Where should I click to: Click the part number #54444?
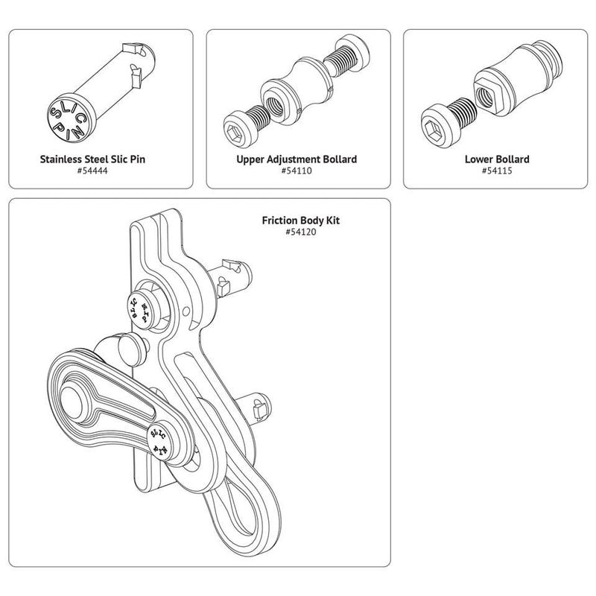coord(100,171)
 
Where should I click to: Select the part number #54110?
coord(297,171)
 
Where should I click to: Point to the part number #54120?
coord(297,233)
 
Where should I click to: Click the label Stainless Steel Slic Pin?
coord(100,159)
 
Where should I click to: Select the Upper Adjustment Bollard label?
coord(297,159)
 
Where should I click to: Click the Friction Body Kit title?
coord(297,221)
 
